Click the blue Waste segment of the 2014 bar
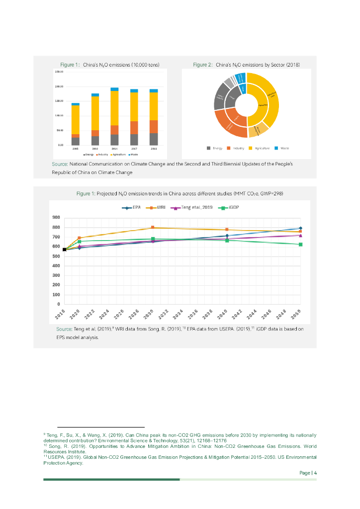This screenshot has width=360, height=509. [114, 89]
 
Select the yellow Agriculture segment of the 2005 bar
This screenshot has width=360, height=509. [76, 119]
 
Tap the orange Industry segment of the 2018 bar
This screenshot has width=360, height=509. [154, 126]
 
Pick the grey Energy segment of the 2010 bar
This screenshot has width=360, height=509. [95, 140]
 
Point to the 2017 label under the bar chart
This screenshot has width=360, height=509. [134, 148]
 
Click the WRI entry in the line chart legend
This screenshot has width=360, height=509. [157, 206]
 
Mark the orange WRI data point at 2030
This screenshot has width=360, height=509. [153, 228]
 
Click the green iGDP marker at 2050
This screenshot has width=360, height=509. [300, 245]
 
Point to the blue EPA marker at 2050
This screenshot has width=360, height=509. [300, 228]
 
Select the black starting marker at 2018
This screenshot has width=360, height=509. [65, 250]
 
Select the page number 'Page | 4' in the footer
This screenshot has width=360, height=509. [308, 473]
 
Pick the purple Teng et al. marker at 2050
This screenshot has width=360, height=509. [300, 235]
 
